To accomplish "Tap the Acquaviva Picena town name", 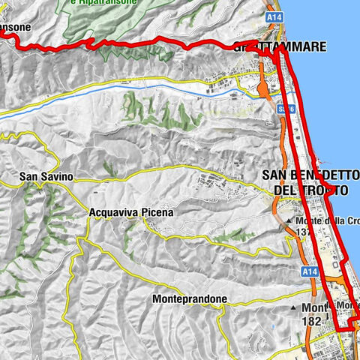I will click(130, 212).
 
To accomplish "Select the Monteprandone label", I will click(189, 298).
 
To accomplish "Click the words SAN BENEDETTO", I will click(304, 175).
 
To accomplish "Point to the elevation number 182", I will click(311, 320).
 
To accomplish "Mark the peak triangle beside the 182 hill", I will click(293, 308).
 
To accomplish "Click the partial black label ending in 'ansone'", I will click(15, 27).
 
